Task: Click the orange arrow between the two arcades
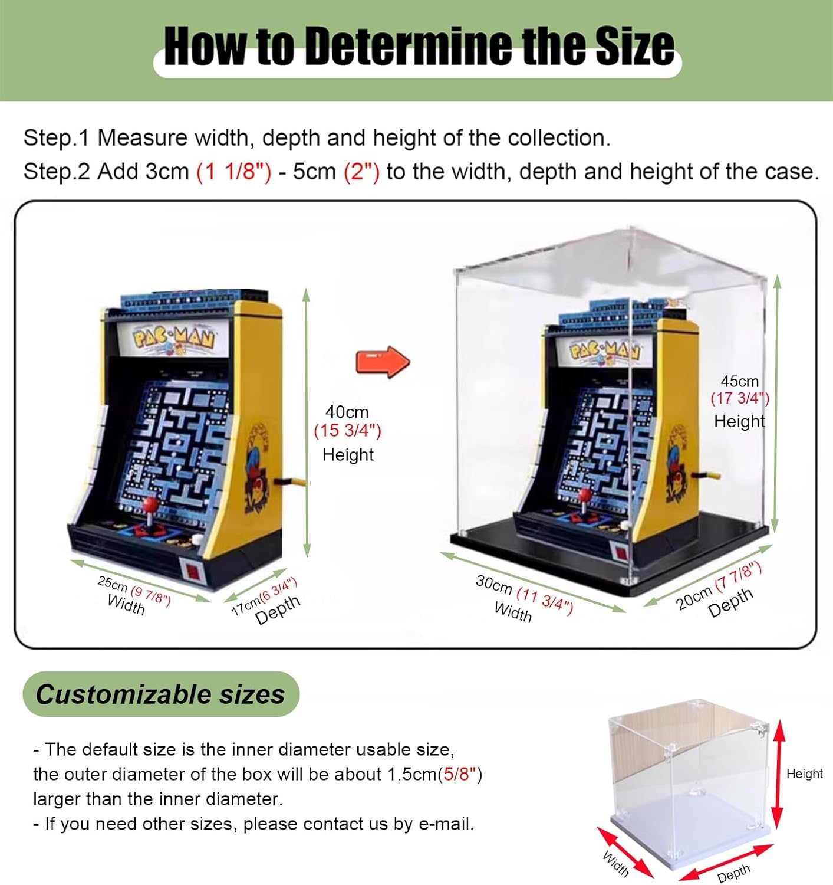pos(383,362)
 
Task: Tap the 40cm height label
pos(347,411)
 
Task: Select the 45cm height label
pos(739,382)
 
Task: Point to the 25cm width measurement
pos(134,591)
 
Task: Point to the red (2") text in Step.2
pos(361,172)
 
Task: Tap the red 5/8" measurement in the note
pos(460,775)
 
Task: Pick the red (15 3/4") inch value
pos(347,431)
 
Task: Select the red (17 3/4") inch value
pos(740,398)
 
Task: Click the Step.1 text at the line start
pos(57,138)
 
